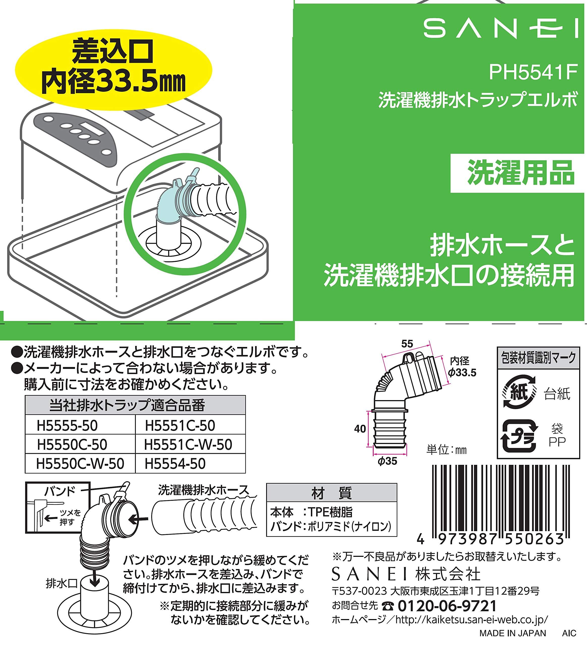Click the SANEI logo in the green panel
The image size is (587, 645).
(x=500, y=28)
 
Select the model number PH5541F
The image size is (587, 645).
(x=533, y=72)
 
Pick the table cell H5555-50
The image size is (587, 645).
(x=80, y=426)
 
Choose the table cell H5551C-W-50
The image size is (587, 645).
(x=190, y=444)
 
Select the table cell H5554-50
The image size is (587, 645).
(x=190, y=464)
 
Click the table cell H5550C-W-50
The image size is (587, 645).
(x=80, y=464)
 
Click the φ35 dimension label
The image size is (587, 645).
(x=388, y=461)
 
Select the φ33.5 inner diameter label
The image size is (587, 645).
(x=462, y=372)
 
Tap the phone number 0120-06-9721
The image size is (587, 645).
(x=447, y=606)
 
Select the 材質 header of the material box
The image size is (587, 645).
(x=332, y=493)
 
